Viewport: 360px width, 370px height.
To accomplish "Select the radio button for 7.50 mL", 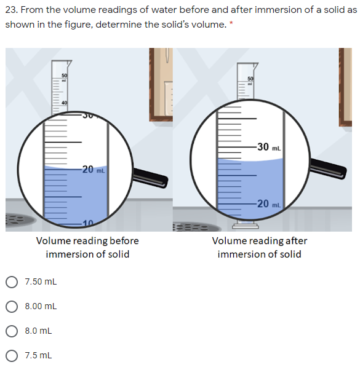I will click(x=12, y=282).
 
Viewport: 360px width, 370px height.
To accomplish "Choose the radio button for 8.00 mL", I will click(x=12, y=306).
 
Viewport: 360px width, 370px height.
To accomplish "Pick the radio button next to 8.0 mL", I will click(x=12, y=331).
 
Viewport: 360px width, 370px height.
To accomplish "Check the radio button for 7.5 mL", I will click(x=12, y=355).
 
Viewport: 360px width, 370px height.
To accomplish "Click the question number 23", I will click(x=12, y=10).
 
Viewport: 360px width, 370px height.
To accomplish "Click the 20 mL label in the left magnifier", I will click(x=93, y=170).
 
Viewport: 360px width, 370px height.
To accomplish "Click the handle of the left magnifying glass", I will click(x=150, y=178).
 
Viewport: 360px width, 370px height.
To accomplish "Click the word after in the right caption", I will click(x=297, y=240).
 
